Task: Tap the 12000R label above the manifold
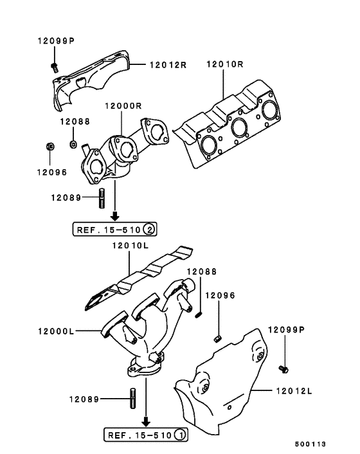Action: (x=121, y=106)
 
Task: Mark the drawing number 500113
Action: (x=311, y=444)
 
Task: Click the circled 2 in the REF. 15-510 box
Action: (x=149, y=228)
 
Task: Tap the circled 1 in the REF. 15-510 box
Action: (x=181, y=435)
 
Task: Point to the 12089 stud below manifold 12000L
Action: (x=132, y=399)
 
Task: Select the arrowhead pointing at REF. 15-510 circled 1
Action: (x=147, y=422)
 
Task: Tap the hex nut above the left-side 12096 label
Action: (x=50, y=147)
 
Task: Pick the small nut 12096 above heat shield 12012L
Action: (x=217, y=338)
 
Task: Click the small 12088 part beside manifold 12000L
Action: (x=199, y=313)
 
